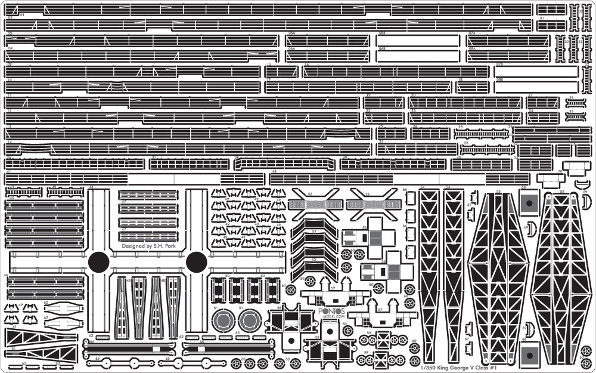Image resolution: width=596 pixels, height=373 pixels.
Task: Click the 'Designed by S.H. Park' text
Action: pyautogui.click(x=151, y=245)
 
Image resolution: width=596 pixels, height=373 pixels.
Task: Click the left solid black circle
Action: pyautogui.click(x=99, y=262)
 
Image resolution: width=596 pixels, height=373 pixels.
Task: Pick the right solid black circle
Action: pyautogui.click(x=196, y=262)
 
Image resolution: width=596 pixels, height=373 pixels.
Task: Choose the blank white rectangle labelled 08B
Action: pyautogui.click(x=536, y=87)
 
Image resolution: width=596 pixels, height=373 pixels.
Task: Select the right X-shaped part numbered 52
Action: pyautogui.click(x=373, y=199)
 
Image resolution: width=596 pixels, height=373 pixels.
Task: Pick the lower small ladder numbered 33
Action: pyautogui.click(x=576, y=116)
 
